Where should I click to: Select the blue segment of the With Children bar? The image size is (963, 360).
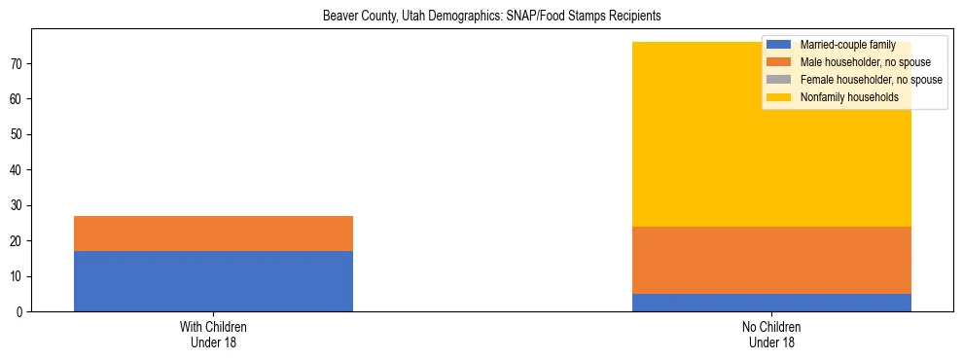click(x=213, y=281)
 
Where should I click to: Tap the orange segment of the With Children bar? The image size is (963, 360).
click(x=213, y=234)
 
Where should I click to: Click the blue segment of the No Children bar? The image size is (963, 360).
click(x=771, y=303)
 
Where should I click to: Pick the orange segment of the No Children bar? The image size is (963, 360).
click(x=771, y=260)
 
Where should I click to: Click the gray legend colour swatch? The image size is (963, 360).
click(x=779, y=80)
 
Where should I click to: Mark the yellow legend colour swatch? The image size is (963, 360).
click(x=779, y=97)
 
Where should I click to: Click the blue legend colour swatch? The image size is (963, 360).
click(x=779, y=45)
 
